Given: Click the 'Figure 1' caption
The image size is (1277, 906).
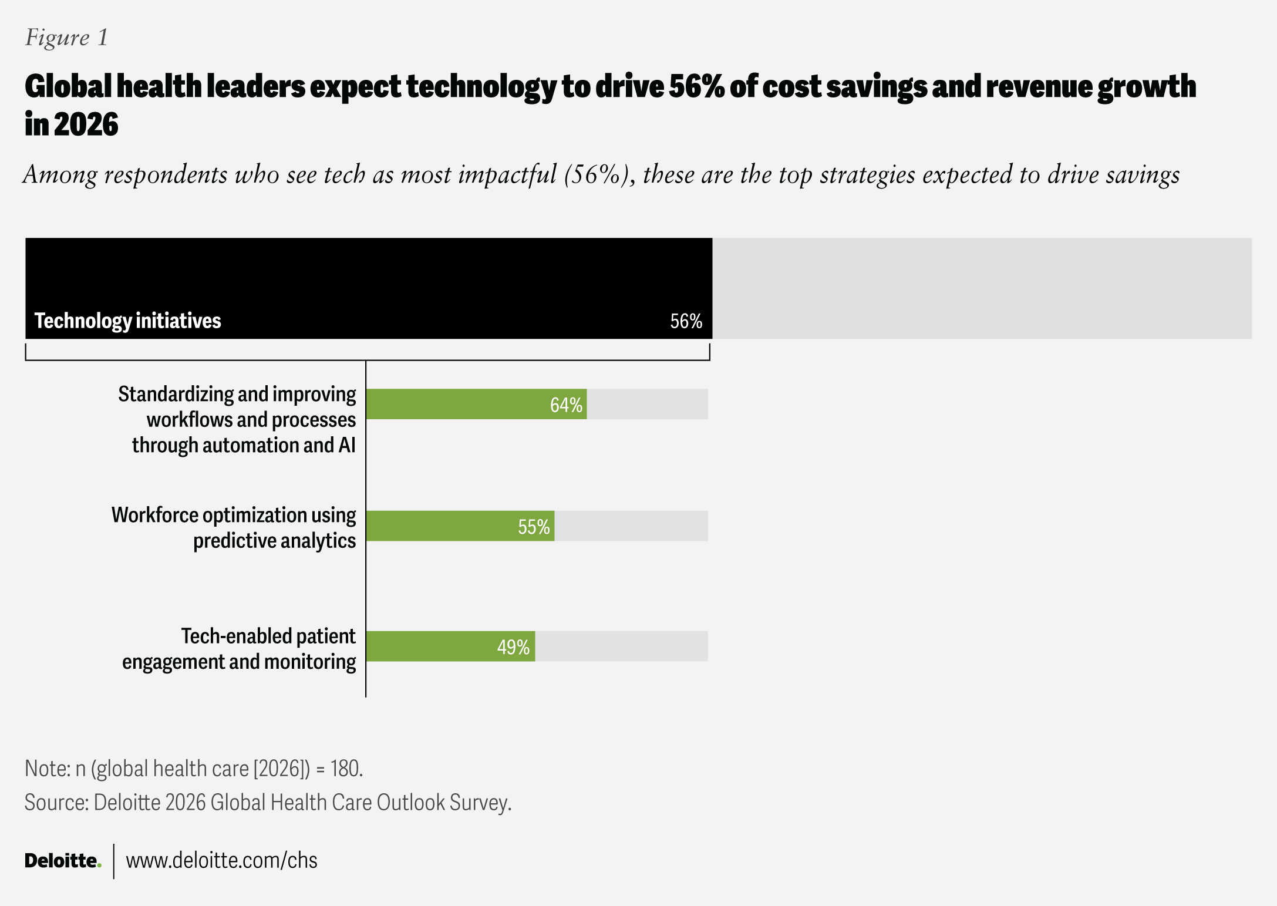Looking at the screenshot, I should pos(66,38).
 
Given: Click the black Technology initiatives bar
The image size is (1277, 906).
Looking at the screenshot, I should pos(369,276).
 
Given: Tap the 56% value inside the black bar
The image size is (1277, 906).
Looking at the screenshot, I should pos(686,321).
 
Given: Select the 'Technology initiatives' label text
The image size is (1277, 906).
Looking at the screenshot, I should pos(127,321).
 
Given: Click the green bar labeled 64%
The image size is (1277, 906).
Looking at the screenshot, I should pos(458,404).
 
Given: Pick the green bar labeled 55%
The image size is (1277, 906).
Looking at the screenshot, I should pos(440,526).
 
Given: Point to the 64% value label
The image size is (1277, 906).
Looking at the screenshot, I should pos(566,405).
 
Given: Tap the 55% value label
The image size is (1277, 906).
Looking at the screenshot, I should pos(534,527).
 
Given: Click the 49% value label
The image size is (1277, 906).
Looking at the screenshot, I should pos(513,647).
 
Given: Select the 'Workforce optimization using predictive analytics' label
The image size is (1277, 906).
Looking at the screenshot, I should pos(234,527).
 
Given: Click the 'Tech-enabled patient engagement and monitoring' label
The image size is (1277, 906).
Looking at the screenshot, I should pos(239,648).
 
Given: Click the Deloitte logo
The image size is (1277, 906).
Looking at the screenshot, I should pos(63,861).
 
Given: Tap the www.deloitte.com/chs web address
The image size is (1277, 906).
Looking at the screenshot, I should pos(221,860).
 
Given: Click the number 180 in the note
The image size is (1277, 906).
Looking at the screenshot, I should pos(345,769).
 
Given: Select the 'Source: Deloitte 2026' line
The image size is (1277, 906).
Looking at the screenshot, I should pos(268,803).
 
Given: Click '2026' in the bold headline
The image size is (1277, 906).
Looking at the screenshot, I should pos(86,124).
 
